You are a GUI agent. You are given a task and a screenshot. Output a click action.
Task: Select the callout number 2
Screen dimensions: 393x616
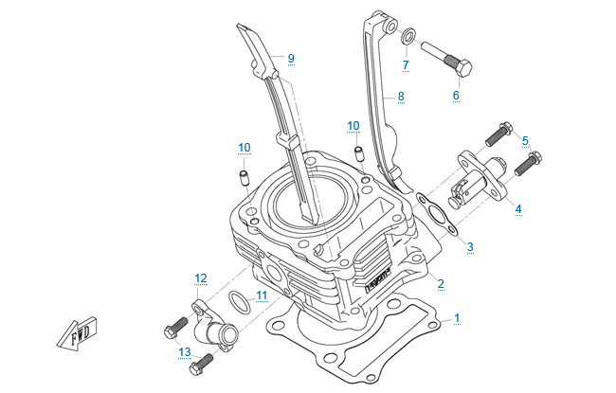click(x=441, y=282)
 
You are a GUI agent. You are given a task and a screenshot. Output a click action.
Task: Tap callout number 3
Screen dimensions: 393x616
click(x=470, y=246)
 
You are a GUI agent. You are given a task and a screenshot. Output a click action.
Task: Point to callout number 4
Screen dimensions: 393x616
click(x=517, y=207)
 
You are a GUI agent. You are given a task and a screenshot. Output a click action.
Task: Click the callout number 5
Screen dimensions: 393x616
click(x=525, y=140)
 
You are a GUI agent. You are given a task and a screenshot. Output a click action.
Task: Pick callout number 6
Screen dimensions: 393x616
click(x=455, y=96)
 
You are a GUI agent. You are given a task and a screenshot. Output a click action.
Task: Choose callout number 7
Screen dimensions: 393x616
click(x=405, y=65)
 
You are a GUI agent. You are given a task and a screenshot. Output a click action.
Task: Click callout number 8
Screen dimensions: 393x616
click(x=401, y=96)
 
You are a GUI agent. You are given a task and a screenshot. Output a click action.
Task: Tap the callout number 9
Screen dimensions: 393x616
click(x=291, y=58)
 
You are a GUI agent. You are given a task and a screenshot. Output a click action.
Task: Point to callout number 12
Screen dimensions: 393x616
click(x=200, y=277)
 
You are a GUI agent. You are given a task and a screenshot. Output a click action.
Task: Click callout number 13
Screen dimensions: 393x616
click(x=184, y=352)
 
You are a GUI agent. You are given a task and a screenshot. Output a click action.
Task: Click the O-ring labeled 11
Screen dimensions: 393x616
click(x=242, y=304)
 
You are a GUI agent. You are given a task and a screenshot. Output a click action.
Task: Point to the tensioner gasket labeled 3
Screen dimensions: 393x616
click(x=435, y=214)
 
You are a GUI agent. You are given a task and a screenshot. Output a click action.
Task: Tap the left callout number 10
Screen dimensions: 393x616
click(x=244, y=147)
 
